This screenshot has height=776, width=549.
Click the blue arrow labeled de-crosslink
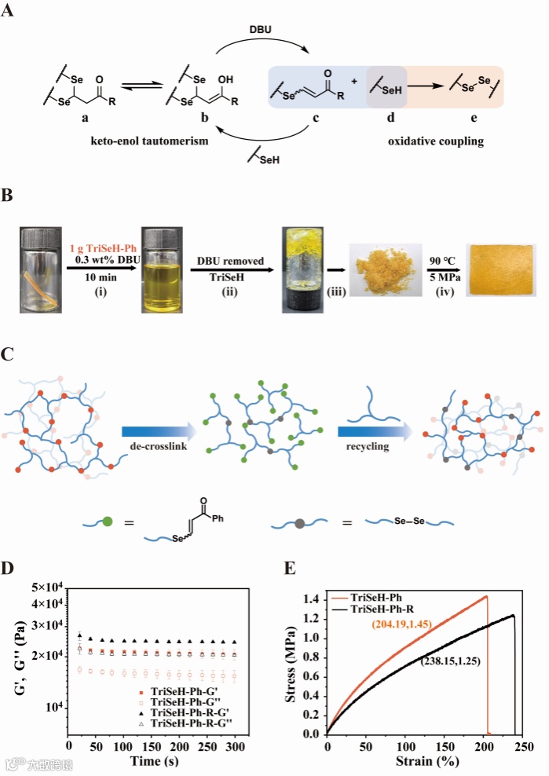coord(158,430)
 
